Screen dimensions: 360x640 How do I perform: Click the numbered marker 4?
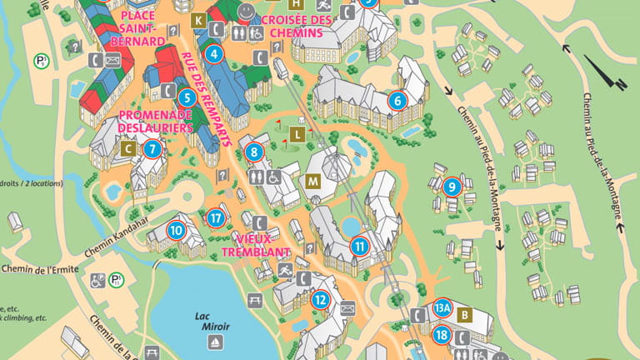click(215, 56)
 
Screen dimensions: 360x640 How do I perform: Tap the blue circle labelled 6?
click(397, 101)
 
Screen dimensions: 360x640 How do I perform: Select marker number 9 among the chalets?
click(452, 187)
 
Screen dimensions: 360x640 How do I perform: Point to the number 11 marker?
click(359, 246)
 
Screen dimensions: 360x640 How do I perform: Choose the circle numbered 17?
click(217, 219)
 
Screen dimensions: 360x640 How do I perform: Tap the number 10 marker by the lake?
click(175, 230)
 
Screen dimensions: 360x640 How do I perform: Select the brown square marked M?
click(313, 181)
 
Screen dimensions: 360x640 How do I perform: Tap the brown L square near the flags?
click(296, 133)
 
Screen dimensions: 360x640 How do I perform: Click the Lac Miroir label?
click(215, 321)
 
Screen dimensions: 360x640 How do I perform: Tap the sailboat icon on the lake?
click(215, 342)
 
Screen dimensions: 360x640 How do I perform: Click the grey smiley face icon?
click(247, 12)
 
